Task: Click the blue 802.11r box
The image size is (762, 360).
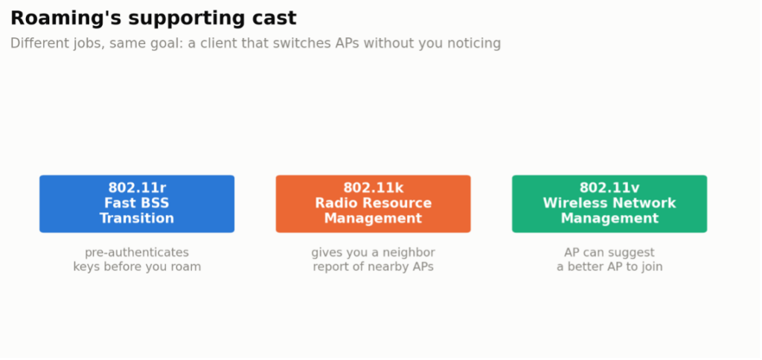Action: point(137,204)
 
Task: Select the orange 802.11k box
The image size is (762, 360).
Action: point(374,204)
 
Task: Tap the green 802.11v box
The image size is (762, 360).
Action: point(609,204)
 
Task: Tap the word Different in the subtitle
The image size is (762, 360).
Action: point(33,43)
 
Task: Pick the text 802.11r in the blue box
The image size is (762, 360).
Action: point(137,187)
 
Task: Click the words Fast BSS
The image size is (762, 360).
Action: point(137,202)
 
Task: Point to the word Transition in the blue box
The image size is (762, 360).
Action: point(137,218)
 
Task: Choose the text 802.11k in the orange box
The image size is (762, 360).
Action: point(374,187)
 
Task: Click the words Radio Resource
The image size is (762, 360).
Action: point(374,202)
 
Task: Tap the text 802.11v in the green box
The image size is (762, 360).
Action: point(609,187)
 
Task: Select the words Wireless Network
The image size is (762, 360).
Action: point(609,202)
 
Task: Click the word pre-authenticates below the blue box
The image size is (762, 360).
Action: point(137,253)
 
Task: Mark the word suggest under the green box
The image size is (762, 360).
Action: point(632,253)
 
